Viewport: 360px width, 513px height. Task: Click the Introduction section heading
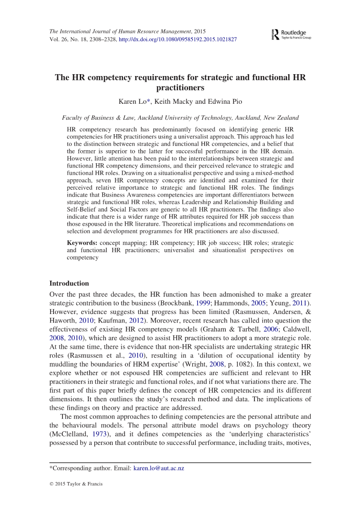pos(69,283)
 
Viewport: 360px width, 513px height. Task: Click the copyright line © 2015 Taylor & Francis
pos(76,484)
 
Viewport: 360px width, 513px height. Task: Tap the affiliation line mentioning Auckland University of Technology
pos(180,118)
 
